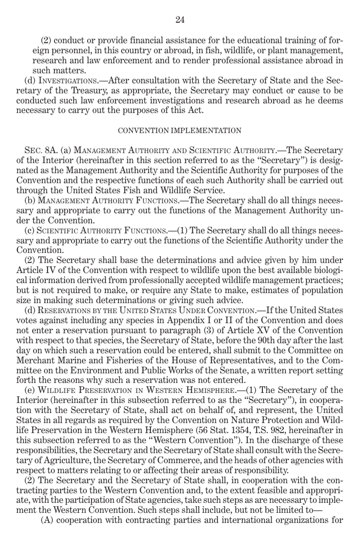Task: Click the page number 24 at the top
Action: pyautogui.click(x=180, y=20)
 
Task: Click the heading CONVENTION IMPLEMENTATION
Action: pyautogui.click(x=180, y=131)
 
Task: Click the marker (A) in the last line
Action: pyautogui.click(x=47, y=520)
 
